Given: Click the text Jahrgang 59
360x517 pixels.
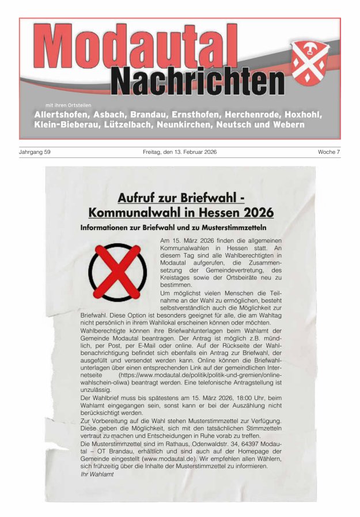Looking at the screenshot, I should click(x=35, y=152).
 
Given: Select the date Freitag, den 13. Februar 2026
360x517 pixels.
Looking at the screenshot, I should click(x=180, y=152).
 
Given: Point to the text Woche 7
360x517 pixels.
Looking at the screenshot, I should click(x=329, y=152).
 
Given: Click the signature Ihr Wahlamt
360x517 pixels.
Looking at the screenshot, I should click(x=97, y=474).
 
